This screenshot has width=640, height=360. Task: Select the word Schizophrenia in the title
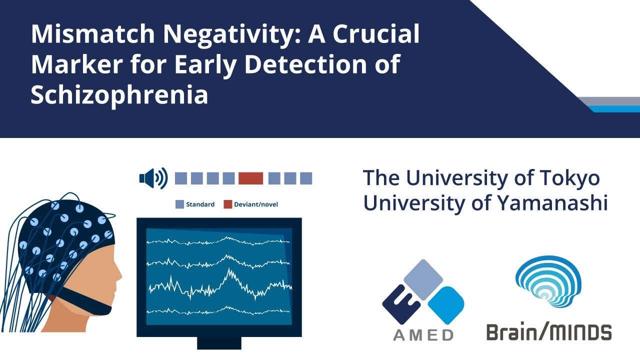[119, 94]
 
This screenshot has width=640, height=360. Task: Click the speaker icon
[153, 178]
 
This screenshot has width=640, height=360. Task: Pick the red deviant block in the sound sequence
[250, 178]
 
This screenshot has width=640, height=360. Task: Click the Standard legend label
[200, 204]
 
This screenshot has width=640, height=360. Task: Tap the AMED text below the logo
[423, 334]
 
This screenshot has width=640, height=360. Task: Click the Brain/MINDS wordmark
[548, 332]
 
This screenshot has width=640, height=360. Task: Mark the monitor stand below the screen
[219, 343]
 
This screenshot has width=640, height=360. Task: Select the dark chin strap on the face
[90, 305]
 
